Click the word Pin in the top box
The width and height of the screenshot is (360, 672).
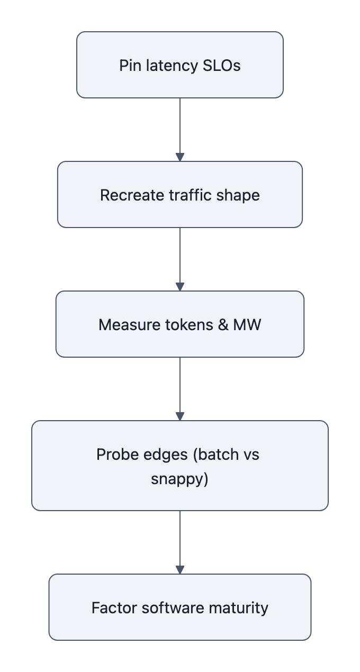pyautogui.click(x=128, y=66)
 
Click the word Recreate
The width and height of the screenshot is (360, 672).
pyautogui.click(x=132, y=195)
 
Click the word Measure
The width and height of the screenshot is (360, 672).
pyautogui.click(x=126, y=324)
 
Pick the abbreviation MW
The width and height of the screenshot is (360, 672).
pyautogui.click(x=247, y=324)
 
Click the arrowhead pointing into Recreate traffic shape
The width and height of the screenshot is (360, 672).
pyautogui.click(x=180, y=157)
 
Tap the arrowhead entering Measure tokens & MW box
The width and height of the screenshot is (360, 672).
pyautogui.click(x=180, y=287)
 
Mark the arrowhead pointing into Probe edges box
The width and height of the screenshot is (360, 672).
pyautogui.click(x=180, y=416)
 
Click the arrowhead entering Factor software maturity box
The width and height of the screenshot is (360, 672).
pyautogui.click(x=180, y=570)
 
